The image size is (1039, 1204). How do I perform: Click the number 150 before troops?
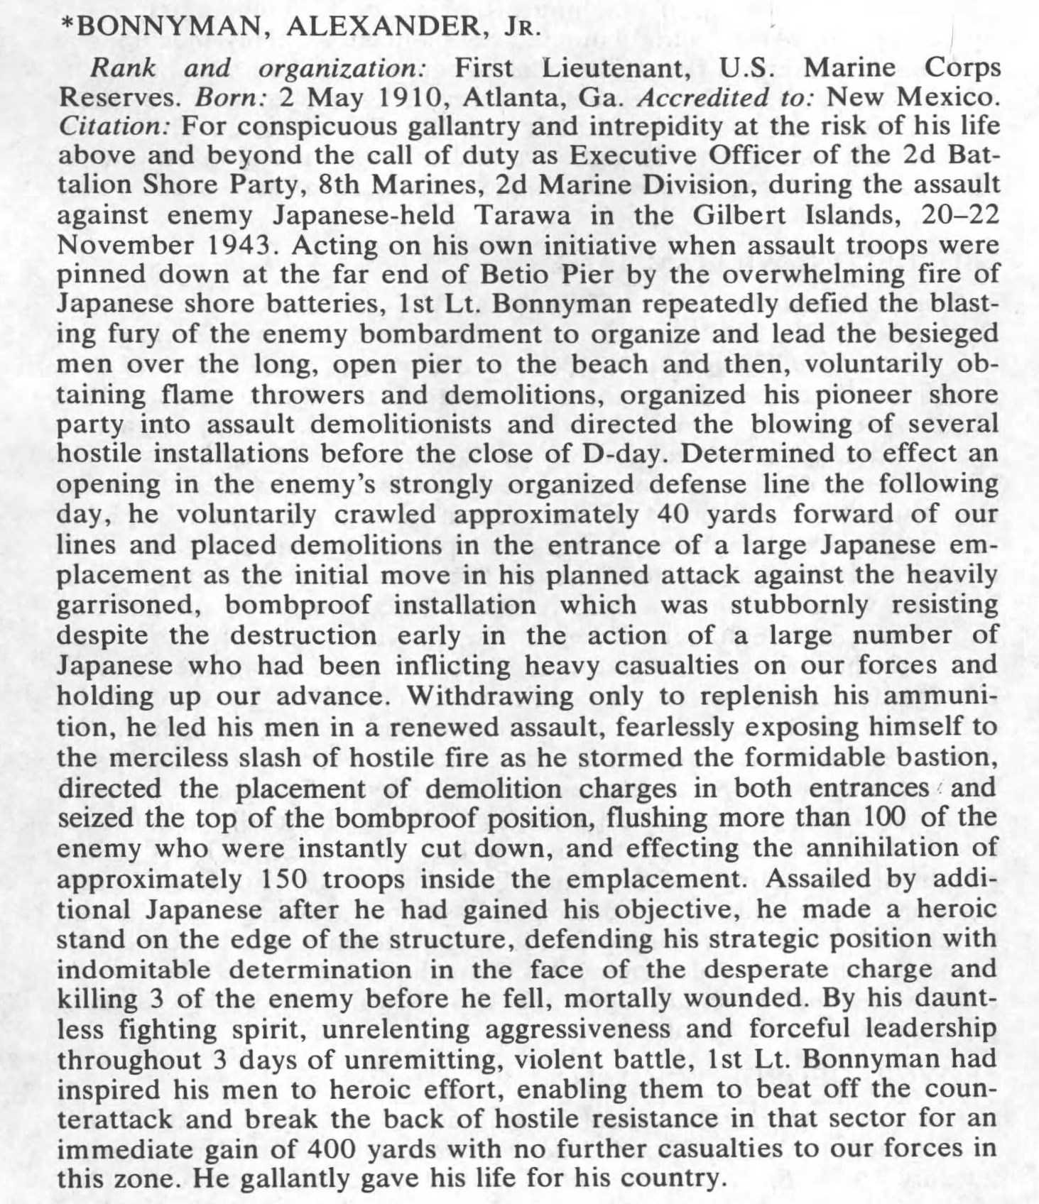(286, 879)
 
